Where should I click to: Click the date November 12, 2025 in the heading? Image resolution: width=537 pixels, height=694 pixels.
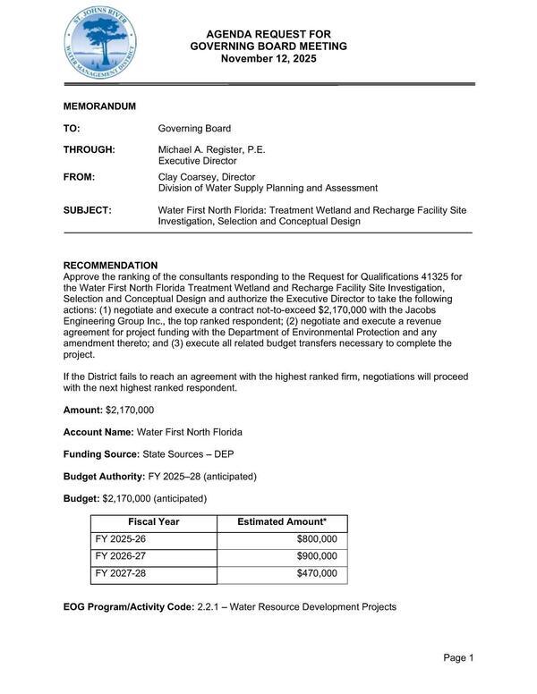click(268, 59)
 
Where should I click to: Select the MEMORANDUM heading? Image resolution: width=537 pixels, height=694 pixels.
click(99, 106)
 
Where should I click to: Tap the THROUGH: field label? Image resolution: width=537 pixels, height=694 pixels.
click(89, 149)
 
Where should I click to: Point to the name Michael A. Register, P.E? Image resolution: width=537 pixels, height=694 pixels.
click(212, 149)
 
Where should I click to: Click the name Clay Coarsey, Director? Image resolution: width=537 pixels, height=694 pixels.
click(207, 177)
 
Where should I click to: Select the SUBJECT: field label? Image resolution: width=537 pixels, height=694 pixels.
click(87, 210)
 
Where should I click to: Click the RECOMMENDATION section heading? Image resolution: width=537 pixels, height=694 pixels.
click(110, 266)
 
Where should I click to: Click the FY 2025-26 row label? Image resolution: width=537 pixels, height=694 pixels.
click(122, 539)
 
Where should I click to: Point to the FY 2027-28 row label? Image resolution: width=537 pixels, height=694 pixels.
click(122, 573)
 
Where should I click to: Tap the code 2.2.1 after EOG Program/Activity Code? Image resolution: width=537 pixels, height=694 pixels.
click(209, 607)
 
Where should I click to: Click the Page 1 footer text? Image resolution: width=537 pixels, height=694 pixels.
click(457, 659)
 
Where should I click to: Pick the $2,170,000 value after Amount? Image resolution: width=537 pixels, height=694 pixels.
click(130, 410)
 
